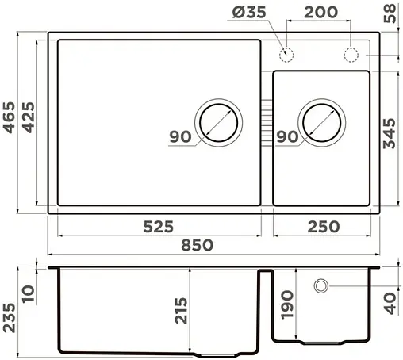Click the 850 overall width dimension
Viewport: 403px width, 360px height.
(198, 245)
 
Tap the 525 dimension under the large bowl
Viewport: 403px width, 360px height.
(159, 226)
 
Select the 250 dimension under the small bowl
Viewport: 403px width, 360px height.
(322, 226)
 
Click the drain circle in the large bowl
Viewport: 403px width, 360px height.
(218, 122)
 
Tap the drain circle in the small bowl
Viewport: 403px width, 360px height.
(321, 123)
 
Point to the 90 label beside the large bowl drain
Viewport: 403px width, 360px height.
(180, 136)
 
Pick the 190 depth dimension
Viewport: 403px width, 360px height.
(288, 306)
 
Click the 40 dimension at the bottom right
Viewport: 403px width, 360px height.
(389, 302)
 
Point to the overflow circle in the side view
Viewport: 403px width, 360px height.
(322, 285)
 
